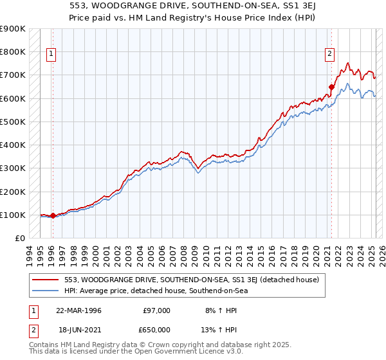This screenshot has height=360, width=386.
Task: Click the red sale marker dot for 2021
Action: point(332,87)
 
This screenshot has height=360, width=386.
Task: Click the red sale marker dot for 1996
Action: point(53,216)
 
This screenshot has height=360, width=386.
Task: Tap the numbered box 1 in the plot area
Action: point(51,55)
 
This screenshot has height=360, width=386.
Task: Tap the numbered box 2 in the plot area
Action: point(329,55)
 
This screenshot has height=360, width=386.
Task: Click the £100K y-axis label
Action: point(13,215)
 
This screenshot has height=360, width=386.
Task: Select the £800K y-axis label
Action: point(13,51)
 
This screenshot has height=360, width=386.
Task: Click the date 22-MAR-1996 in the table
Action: point(79,310)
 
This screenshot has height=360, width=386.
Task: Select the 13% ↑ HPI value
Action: point(221,329)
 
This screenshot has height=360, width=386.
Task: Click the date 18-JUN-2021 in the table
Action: point(78,329)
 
